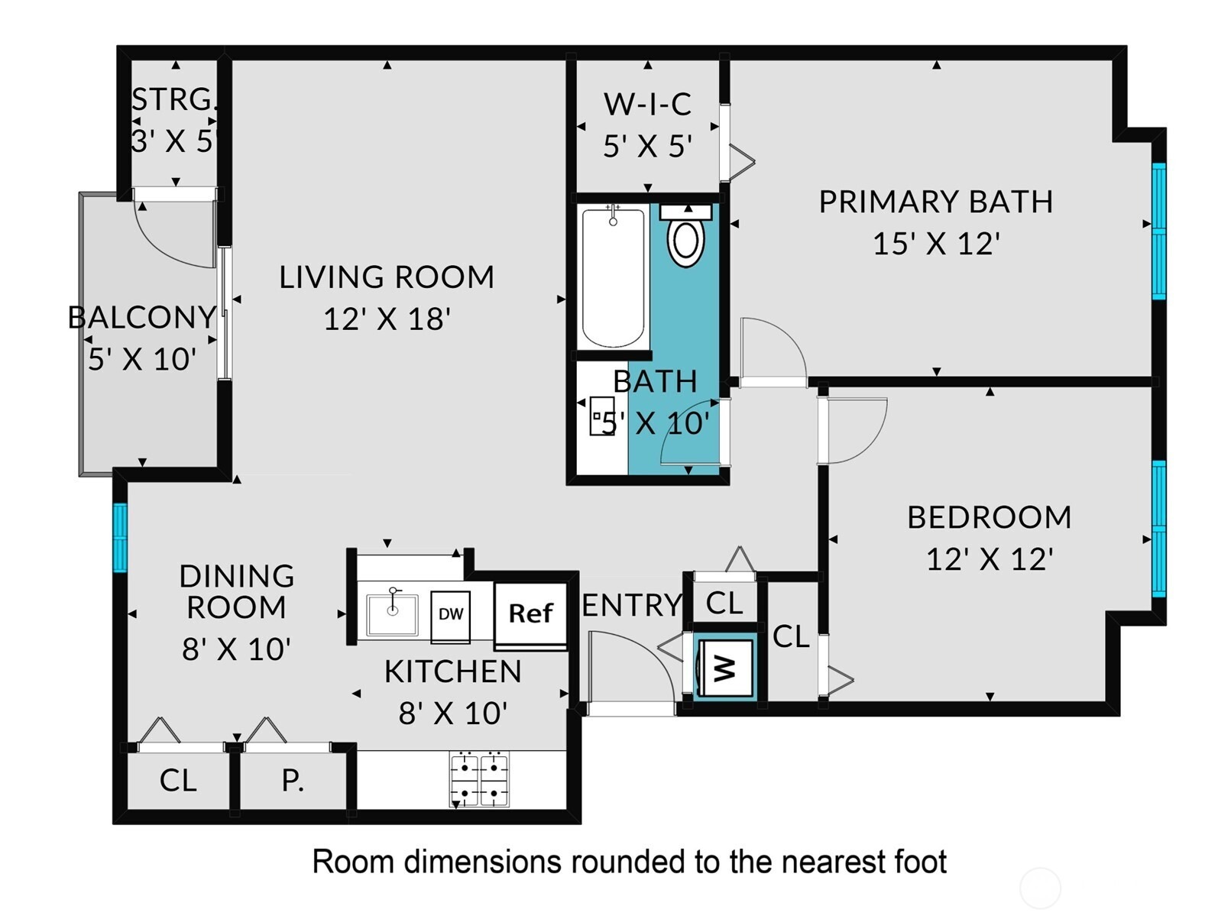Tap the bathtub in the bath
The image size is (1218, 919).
pos(613,277)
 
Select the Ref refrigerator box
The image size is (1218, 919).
pos(530,614)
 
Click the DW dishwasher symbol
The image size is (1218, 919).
pos(451,616)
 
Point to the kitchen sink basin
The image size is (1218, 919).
pos(392,613)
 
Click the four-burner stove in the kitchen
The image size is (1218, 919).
pos(479,778)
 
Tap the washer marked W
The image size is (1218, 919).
pos(724,668)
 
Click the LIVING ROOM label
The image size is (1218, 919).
pos(386,277)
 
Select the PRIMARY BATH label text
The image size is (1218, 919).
pos(935,202)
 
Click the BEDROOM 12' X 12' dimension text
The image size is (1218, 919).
pos(990,559)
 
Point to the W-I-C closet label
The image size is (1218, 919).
pos(647,104)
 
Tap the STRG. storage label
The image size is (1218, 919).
pos(173,100)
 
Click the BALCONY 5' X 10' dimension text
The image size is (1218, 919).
pos(142,359)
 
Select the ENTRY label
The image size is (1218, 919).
pos(632,605)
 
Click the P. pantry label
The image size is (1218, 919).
pos(293,780)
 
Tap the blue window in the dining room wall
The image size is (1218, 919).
pos(120,537)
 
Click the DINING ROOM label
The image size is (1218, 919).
pos(236,592)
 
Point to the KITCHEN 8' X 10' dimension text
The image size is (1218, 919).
pos(453,714)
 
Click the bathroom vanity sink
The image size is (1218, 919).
pos(601,416)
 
